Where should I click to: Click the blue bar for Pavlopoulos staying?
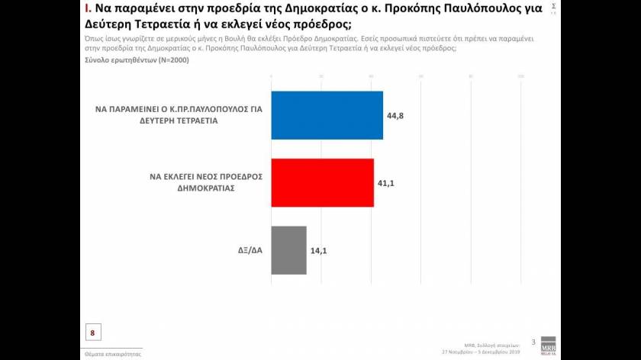tap(327, 114)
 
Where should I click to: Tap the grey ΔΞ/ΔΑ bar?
tap(289, 249)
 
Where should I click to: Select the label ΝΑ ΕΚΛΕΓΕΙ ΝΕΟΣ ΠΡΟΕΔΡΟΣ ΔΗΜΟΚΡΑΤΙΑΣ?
tap(207, 181)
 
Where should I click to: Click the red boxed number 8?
tap(93, 333)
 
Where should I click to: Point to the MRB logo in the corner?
tap(548, 345)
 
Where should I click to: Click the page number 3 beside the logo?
tap(533, 341)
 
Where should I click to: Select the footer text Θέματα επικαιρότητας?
tap(112, 354)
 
